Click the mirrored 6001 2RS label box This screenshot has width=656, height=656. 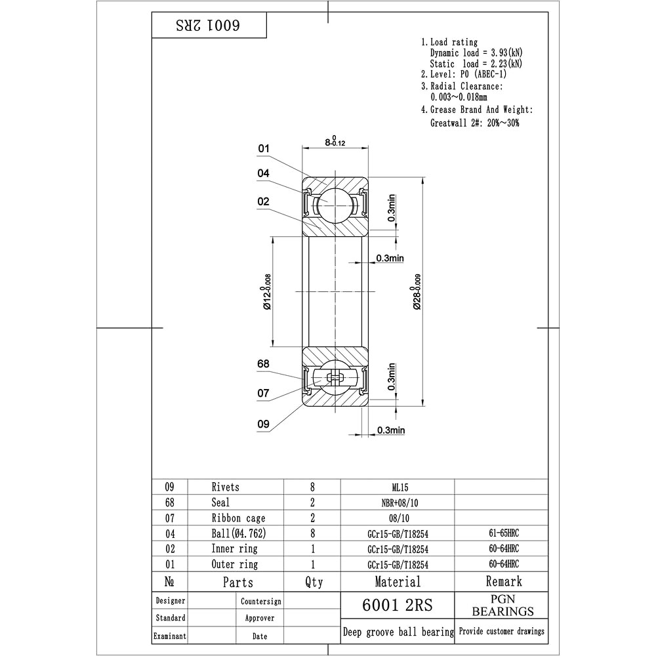click(x=209, y=26)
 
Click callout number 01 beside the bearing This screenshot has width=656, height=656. click(x=264, y=148)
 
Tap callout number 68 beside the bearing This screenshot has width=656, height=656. click(x=263, y=364)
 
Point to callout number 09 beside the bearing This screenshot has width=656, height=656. click(x=263, y=424)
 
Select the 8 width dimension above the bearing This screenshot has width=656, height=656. click(x=335, y=141)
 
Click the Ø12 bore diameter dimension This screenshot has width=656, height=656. click(x=266, y=292)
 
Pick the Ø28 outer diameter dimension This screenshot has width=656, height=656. click(x=417, y=292)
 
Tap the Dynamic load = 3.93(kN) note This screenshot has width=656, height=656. click(x=476, y=52)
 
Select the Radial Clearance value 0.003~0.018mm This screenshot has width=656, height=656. click(x=459, y=97)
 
